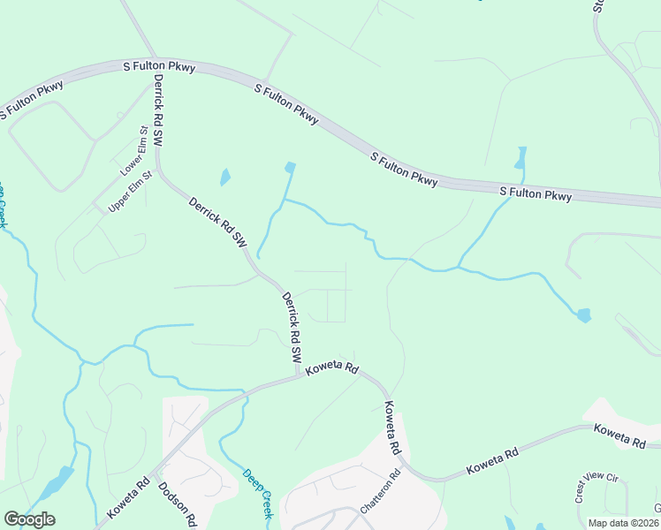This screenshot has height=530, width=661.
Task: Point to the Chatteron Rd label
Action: coord(380,494)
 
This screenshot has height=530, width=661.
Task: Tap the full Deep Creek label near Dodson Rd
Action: coord(260,492)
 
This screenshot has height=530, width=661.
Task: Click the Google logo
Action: coord(29,519)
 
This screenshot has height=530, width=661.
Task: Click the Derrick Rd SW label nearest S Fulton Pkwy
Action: coord(158,110)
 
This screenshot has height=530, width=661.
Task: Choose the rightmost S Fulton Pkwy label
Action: coord(536,193)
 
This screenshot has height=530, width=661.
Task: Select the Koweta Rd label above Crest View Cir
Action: coord(621,435)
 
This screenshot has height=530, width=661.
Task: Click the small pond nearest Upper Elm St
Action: coord(224,177)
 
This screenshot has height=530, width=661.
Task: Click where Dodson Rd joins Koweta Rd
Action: coord(152,476)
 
